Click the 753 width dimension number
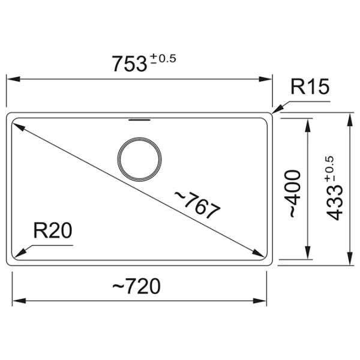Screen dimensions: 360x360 click(x=129, y=64)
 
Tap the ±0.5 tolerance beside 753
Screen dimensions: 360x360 click(x=163, y=59)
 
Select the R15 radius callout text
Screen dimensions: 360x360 click(x=310, y=87)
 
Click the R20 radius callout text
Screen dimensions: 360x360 click(x=53, y=230)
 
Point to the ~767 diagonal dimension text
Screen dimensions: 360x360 click(x=197, y=205)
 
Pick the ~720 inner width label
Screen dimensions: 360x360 click(x=136, y=286)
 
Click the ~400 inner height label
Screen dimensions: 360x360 click(x=292, y=194)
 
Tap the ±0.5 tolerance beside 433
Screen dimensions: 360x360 click(x=329, y=169)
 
